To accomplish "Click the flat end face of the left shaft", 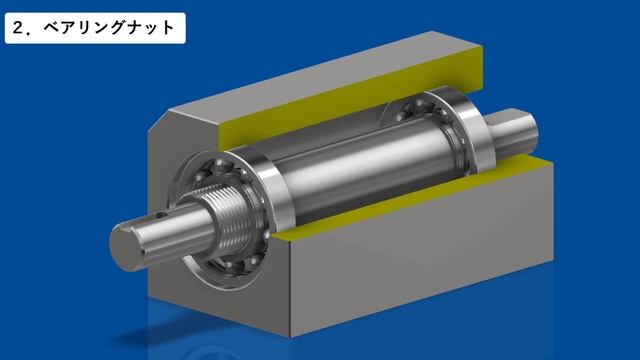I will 124,246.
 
